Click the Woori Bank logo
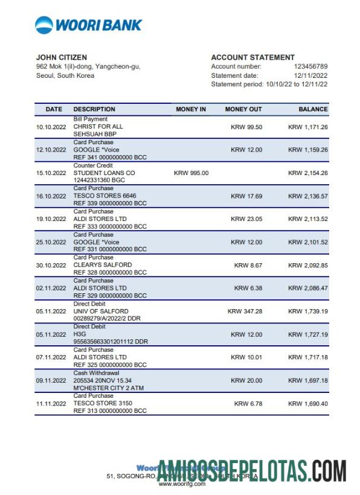[89, 25]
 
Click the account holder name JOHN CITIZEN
[62, 57]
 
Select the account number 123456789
[310, 66]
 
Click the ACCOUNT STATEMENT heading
[252, 57]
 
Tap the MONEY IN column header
[191, 109]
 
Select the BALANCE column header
[313, 109]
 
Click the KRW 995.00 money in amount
[191, 173]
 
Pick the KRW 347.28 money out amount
[245, 311]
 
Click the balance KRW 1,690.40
[308, 403]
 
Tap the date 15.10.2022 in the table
[51, 173]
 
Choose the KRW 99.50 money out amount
[246, 127]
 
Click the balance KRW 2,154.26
[308, 173]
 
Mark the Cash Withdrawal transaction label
[96, 373]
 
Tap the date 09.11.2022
[51, 381]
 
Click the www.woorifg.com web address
[181, 484]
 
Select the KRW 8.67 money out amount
[248, 265]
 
